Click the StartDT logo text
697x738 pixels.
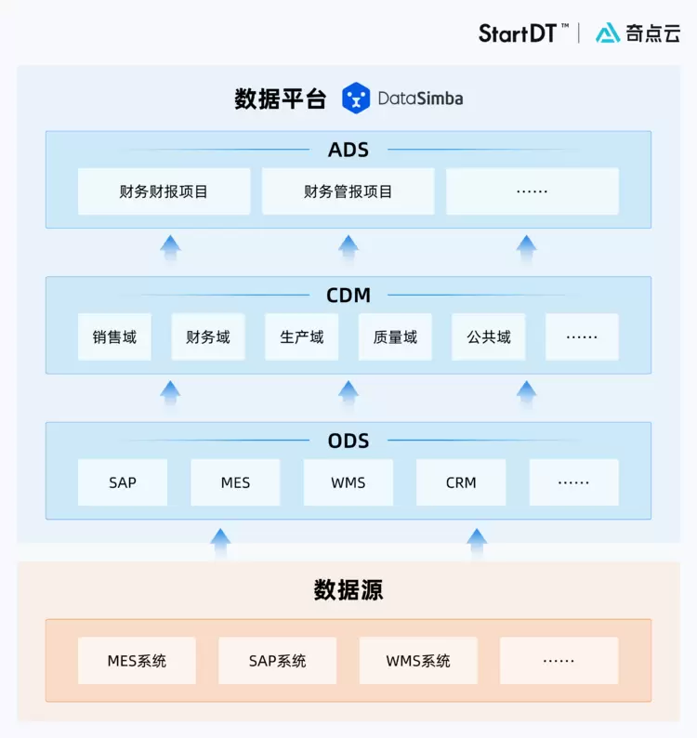click(x=519, y=33)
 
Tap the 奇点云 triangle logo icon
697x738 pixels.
click(x=608, y=33)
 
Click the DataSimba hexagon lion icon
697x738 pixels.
click(x=356, y=98)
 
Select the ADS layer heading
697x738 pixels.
click(x=348, y=150)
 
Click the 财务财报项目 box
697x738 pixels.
click(x=164, y=191)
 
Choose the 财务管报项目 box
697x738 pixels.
click(x=348, y=191)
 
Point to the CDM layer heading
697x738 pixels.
click(x=348, y=296)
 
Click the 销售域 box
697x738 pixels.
click(x=114, y=336)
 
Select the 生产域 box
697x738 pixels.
click(x=302, y=336)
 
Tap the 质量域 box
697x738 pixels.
click(x=395, y=336)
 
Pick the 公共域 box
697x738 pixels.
click(x=489, y=336)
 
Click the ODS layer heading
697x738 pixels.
click(x=348, y=441)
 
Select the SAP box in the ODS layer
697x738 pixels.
click(x=123, y=482)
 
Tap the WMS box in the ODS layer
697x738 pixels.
click(x=348, y=482)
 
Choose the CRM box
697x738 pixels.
click(x=461, y=482)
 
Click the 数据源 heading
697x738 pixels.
click(x=348, y=590)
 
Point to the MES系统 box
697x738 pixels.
click(x=137, y=661)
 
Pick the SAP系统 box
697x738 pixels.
click(x=277, y=661)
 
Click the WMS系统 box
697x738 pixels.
click(x=418, y=661)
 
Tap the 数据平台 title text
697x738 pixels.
click(x=281, y=99)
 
